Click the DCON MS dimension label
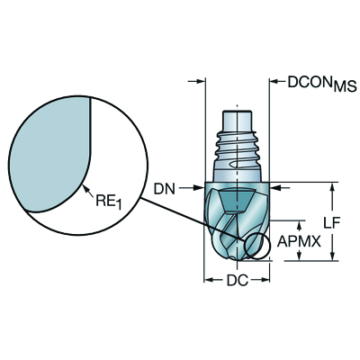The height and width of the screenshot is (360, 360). pos(322,83)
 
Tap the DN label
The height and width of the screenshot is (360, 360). pos(164,189)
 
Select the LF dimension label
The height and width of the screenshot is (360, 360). pos(332,222)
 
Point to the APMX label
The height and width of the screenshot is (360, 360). pos(299,241)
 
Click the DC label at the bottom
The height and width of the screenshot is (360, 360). pos(238,281)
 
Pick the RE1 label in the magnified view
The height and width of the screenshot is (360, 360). pos(109,202)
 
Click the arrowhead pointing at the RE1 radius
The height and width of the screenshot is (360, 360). pos(86,190)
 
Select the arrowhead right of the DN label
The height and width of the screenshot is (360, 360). pos(199,188)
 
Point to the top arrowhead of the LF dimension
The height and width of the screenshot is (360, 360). pos(332,188)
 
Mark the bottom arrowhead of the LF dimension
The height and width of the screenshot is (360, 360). pos(332,256)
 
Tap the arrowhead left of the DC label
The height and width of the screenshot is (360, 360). pos(210,280)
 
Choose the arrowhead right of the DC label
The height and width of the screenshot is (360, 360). pos(265,280)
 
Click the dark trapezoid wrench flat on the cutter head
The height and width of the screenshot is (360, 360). pos(236,201)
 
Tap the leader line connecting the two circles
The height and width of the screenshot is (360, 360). pos(193,219)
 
